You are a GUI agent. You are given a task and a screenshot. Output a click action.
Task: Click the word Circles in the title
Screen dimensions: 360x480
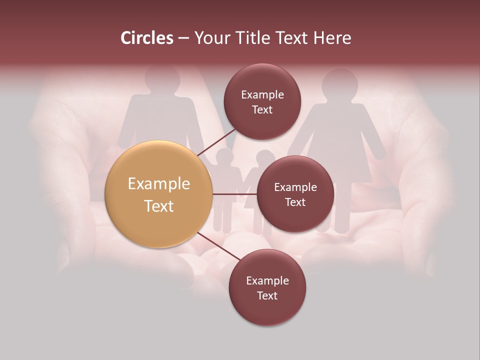point(147,38)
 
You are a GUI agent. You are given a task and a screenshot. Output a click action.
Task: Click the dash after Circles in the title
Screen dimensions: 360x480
point(183,38)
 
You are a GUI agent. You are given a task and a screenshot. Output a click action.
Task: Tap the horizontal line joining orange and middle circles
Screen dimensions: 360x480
point(234,194)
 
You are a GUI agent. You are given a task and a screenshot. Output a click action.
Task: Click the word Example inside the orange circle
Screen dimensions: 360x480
point(158,184)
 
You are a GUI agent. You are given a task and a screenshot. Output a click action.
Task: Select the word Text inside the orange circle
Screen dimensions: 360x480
point(158,206)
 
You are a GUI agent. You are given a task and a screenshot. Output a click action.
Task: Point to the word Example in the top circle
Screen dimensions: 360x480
point(262,95)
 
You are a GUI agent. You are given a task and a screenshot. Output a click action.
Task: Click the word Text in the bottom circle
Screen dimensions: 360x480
point(267,296)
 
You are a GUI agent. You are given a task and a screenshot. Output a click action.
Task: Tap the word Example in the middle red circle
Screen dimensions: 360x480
point(295,187)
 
